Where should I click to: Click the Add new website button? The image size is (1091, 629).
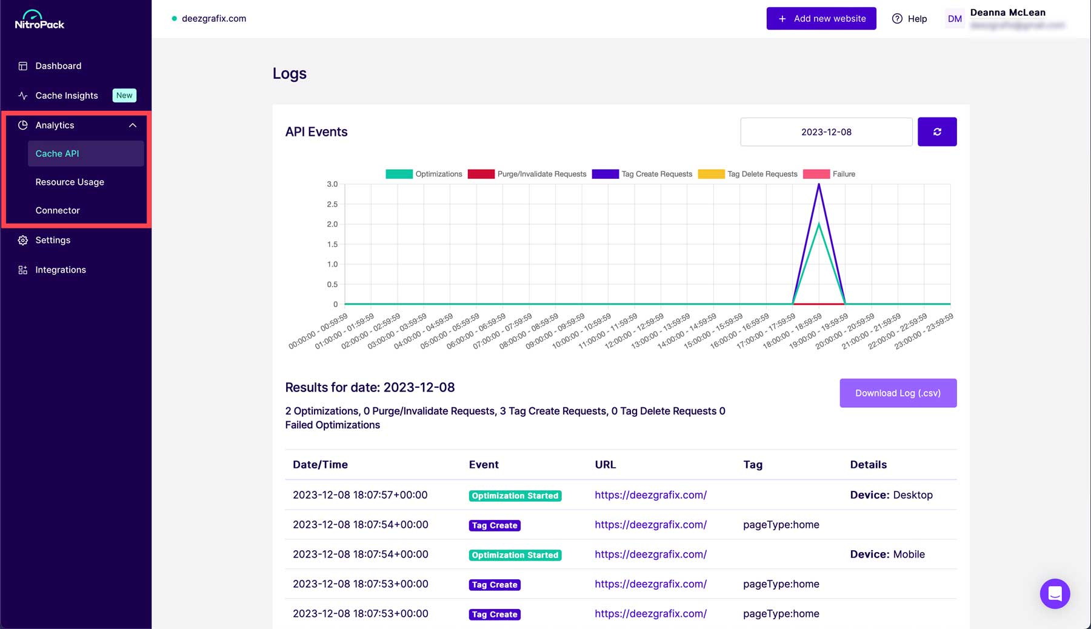[821, 19]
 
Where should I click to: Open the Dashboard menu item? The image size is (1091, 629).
[58, 66]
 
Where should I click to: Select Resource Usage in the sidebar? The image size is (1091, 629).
[70, 182]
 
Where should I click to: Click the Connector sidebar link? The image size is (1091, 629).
[58, 210]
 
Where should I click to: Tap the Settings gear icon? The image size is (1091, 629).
[23, 240]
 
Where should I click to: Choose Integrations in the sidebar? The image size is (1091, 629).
[61, 270]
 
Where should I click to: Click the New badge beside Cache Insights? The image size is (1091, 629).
[124, 95]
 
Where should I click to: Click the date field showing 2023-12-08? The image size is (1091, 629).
[826, 132]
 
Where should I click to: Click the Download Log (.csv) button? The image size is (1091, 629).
[898, 393]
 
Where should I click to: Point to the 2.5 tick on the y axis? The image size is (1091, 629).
[332, 204]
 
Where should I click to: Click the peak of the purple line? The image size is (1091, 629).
[819, 185]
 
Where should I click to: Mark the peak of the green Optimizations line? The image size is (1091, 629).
[819, 224]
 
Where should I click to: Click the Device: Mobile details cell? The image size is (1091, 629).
[887, 554]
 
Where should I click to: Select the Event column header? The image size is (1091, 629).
[484, 465]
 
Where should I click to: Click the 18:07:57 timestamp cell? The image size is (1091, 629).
[360, 495]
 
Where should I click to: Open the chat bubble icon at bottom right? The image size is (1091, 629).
[1055, 594]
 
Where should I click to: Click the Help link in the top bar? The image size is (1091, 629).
[910, 19]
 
